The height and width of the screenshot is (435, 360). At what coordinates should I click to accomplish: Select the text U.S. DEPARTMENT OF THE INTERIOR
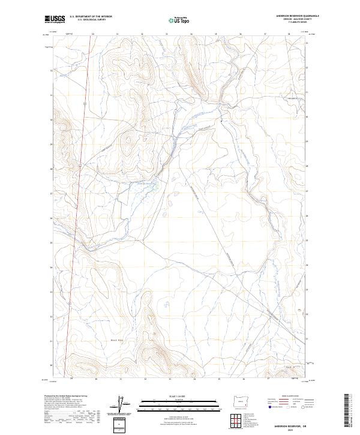(x=91, y=17)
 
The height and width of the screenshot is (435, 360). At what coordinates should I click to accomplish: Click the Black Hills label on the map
(x=102, y=339)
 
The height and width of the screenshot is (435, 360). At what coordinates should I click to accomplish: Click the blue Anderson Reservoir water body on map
(x=154, y=187)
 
